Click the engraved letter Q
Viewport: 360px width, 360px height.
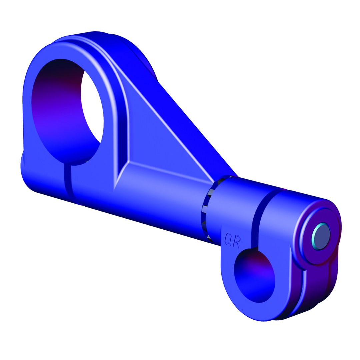pyautogui.click(x=228, y=239)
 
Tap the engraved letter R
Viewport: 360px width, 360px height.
pyautogui.click(x=237, y=241)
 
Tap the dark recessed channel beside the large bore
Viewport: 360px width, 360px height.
pyautogui.click(x=123, y=133)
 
